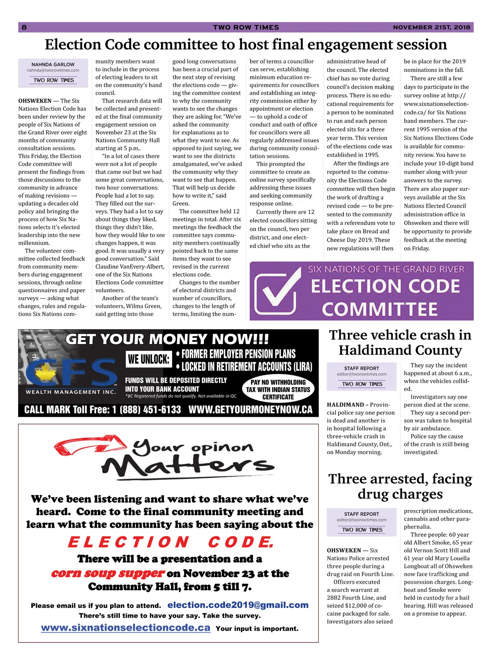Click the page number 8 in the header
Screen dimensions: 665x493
pos(24,27)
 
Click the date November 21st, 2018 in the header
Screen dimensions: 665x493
pos(431,27)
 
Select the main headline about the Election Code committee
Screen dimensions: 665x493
pos(246,44)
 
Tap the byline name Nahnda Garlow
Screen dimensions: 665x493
pos(53,65)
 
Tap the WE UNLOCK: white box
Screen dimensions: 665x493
pos(148,359)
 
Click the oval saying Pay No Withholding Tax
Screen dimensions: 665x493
pos(278,389)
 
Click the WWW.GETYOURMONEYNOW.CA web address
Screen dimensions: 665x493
pos(250,410)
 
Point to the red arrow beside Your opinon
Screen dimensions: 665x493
pos(91,446)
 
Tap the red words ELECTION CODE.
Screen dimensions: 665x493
pos(170,542)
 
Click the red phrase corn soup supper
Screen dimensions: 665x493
pos(108,573)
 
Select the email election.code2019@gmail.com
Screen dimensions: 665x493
pos(238,605)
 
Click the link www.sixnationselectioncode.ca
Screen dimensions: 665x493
pos(126,628)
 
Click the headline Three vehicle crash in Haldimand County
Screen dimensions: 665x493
pos(400,342)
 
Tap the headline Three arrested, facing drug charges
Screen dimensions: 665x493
pos(400,486)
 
